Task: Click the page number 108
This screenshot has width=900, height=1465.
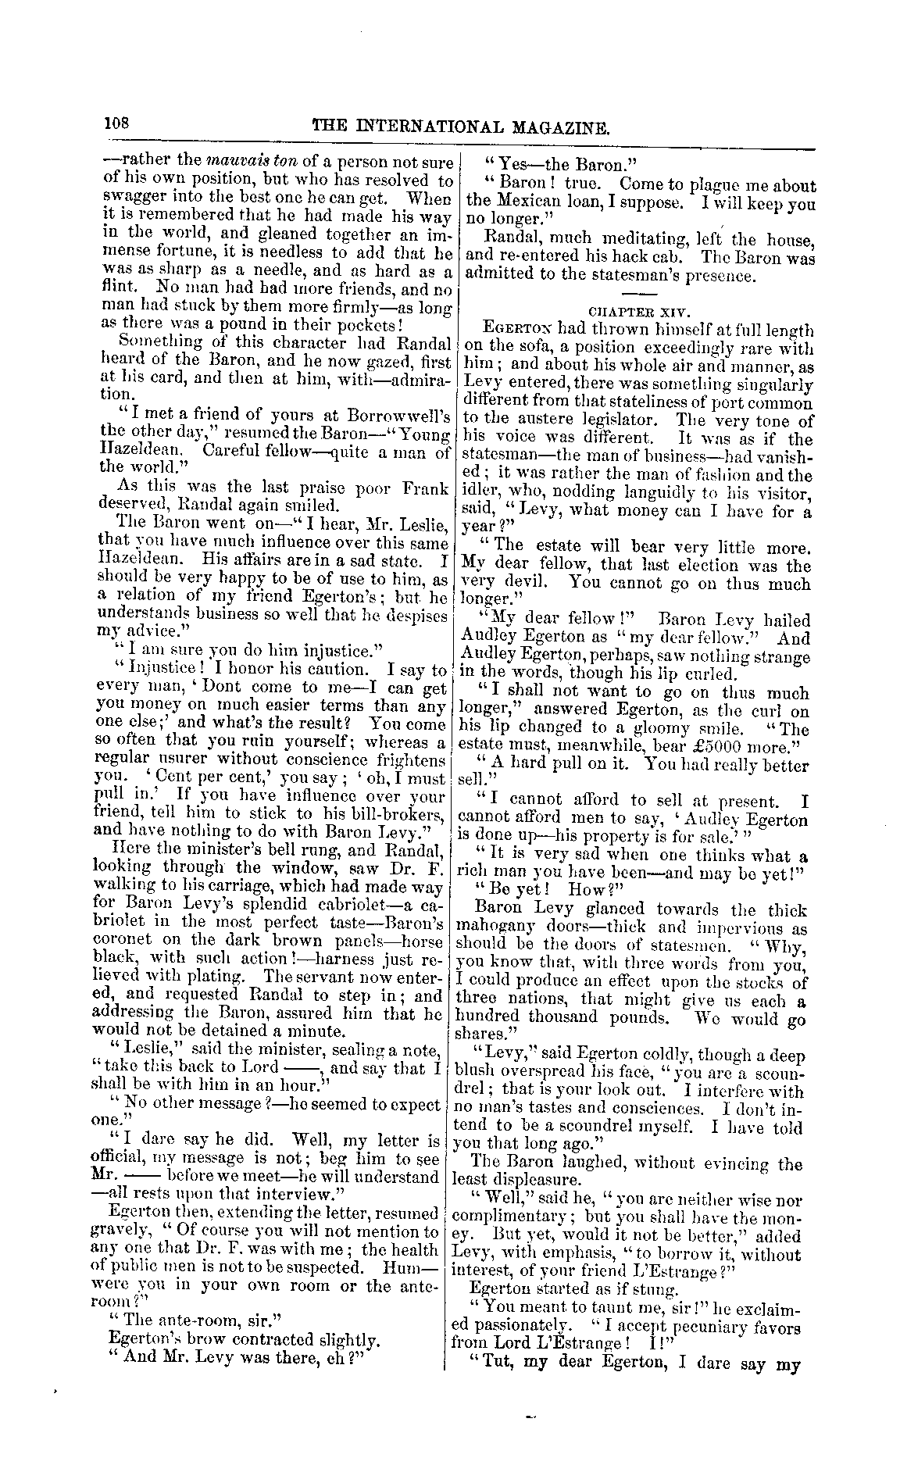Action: click(120, 123)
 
